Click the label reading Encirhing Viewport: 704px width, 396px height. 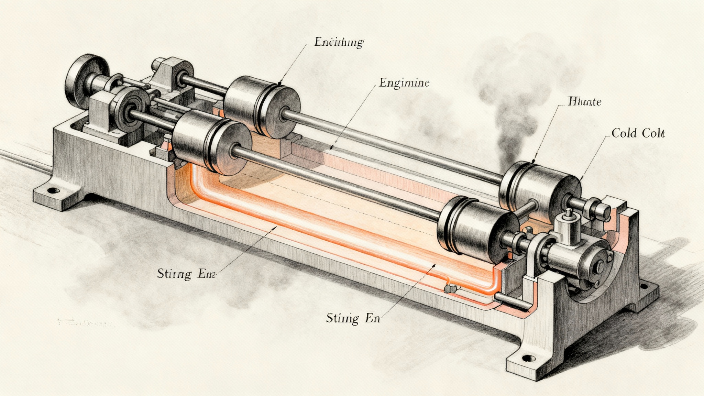[x=339, y=43]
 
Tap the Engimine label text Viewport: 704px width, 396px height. [x=404, y=83]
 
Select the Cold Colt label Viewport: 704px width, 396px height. [x=638, y=133]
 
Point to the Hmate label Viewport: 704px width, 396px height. [x=584, y=101]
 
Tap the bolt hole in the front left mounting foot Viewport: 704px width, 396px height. [x=53, y=190]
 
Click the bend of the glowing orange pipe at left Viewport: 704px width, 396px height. [x=198, y=186]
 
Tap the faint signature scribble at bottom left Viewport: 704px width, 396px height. [x=86, y=323]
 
